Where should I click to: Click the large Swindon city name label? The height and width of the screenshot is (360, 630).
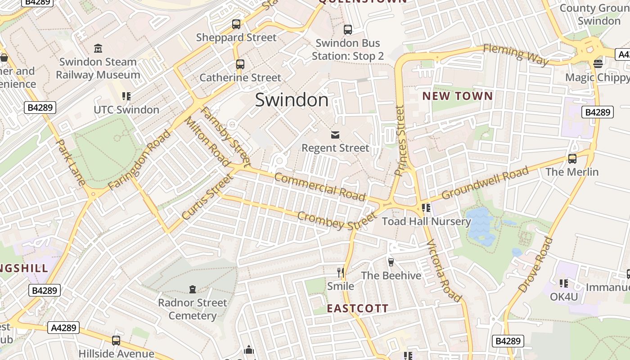point(292,100)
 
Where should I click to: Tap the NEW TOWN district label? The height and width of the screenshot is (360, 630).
point(458,96)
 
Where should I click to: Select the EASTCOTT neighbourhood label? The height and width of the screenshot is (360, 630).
point(357,308)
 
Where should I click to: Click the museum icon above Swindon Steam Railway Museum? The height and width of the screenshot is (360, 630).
point(98,48)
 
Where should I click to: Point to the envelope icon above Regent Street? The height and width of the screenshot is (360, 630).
point(335,135)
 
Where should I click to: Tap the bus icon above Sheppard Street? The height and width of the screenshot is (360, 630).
point(236,24)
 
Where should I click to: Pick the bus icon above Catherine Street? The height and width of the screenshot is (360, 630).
point(240,64)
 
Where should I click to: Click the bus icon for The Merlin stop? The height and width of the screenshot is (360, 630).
point(572,159)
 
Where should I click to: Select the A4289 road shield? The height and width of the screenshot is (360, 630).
point(63,328)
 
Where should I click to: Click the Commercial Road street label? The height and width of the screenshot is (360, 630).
point(319,186)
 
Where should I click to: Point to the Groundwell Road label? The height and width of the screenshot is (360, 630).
point(485,183)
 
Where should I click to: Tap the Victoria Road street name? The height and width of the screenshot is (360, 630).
point(444,271)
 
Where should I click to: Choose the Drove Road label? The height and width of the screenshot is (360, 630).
point(535,265)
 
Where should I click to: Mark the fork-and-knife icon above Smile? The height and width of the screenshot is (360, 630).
point(341,272)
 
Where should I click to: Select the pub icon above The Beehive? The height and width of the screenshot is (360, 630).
point(391,262)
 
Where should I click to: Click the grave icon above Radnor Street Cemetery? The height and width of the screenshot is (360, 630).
point(193,289)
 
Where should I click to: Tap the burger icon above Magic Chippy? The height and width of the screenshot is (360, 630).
point(598,63)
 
